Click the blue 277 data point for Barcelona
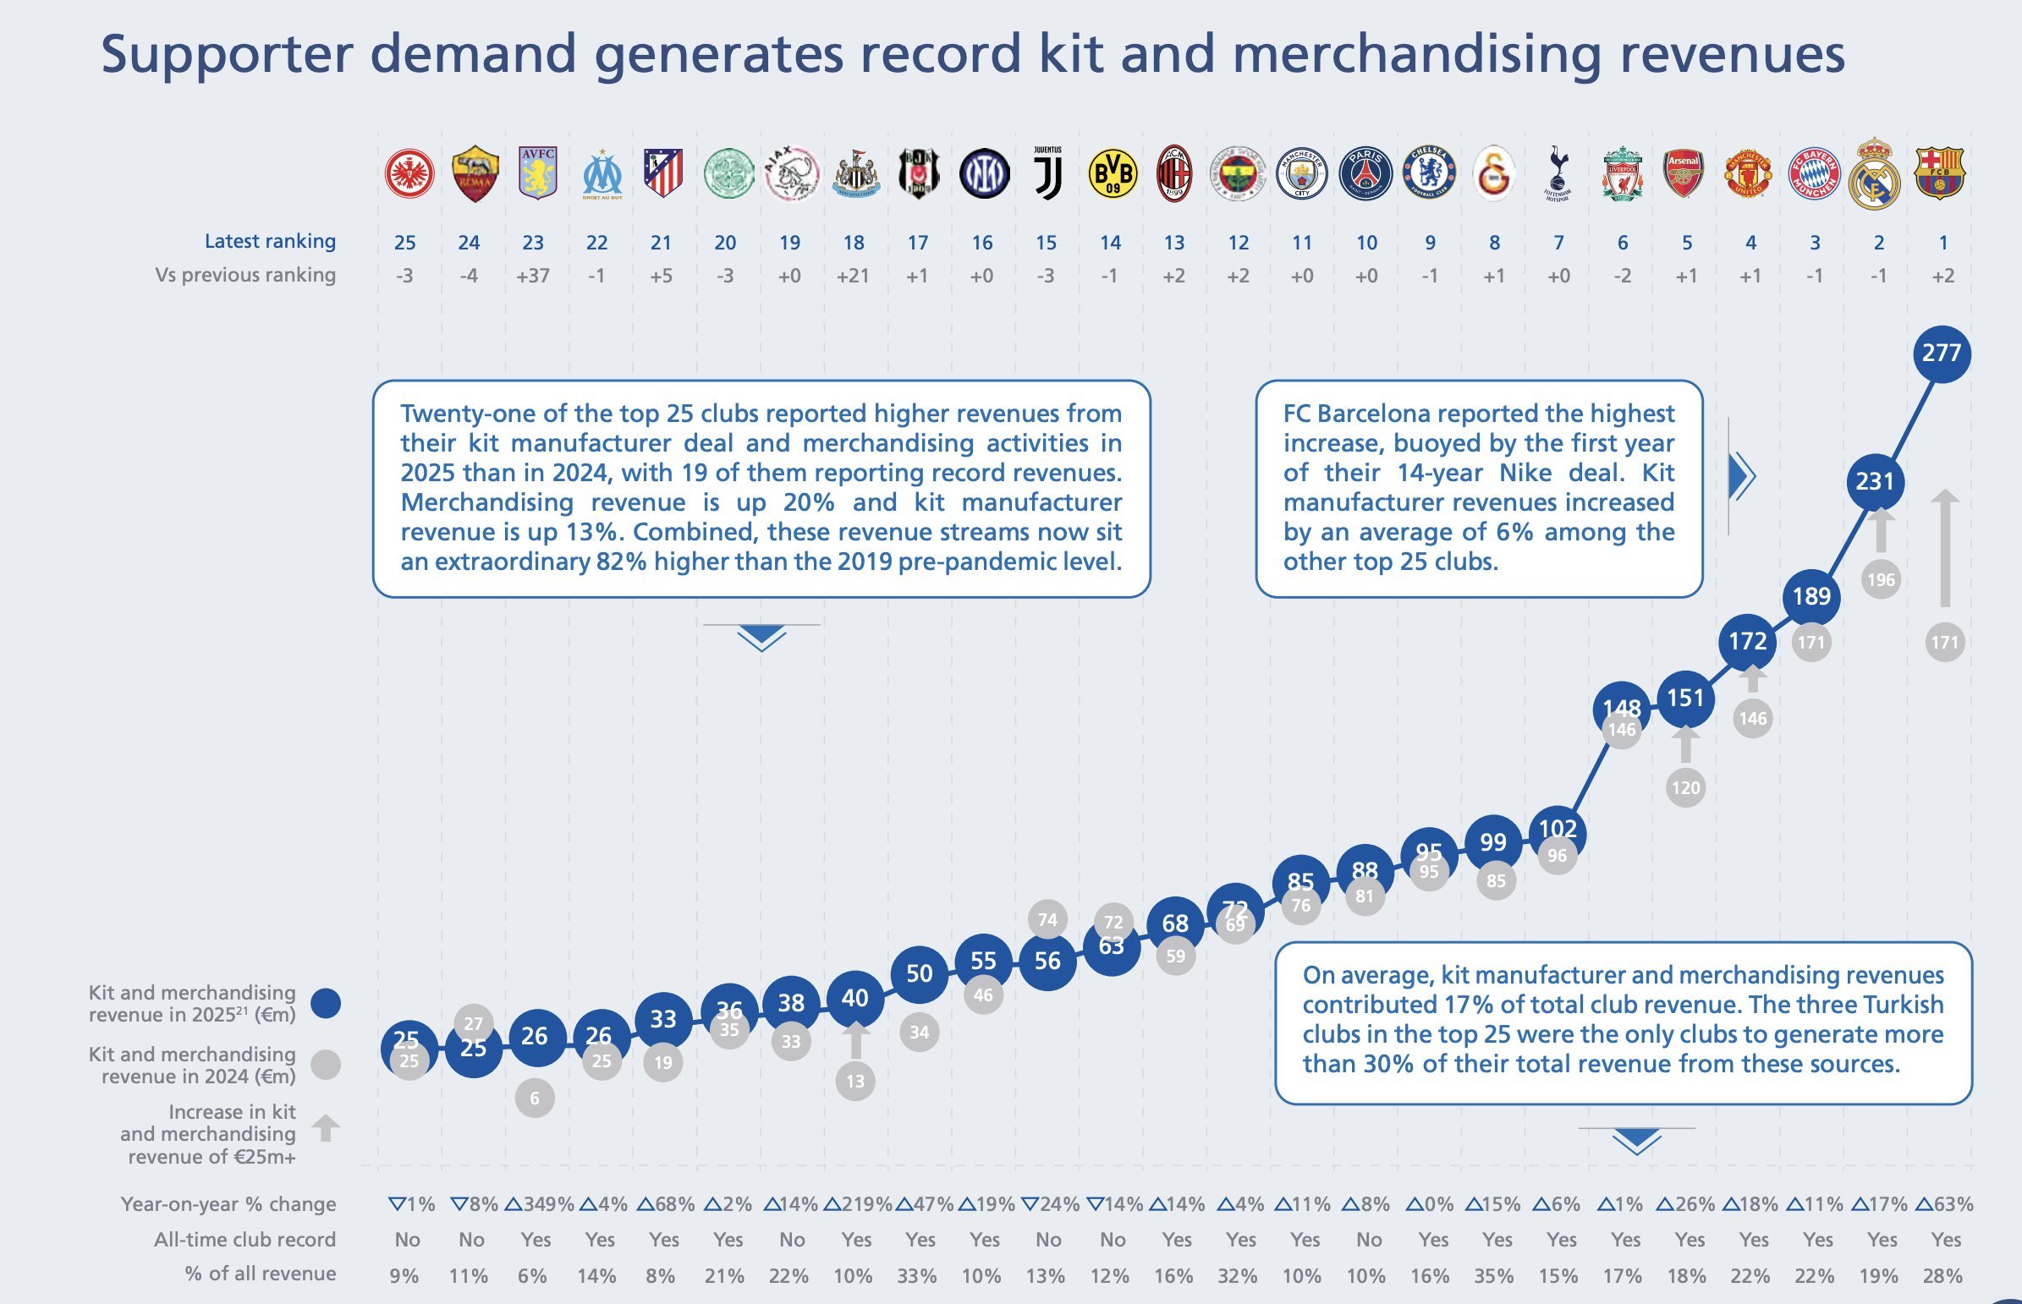(1942, 353)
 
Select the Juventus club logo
(1047, 173)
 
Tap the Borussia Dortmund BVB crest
(1112, 173)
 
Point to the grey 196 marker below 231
(1881, 580)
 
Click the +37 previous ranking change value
(533, 276)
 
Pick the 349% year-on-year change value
(540, 1204)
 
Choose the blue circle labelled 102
(1557, 828)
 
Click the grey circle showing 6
(535, 1099)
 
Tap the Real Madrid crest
(1876, 174)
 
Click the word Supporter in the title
(225, 54)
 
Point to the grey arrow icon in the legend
(326, 1128)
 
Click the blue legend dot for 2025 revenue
(326, 1004)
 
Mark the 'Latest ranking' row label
(269, 241)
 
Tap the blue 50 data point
(919, 973)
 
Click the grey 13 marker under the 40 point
(854, 1082)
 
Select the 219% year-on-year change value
(858, 1204)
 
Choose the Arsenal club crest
(1683, 173)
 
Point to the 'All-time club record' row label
(244, 1240)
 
